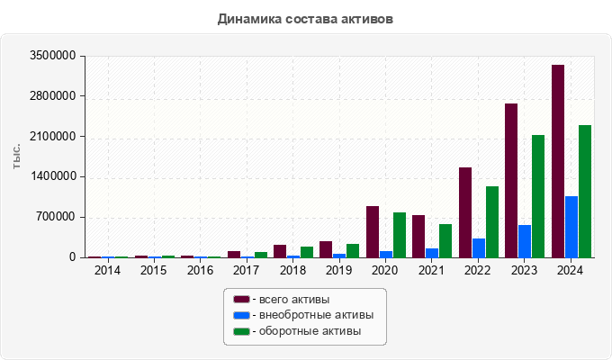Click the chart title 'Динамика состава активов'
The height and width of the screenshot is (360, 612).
point(305,18)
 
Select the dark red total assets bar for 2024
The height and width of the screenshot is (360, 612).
point(558,162)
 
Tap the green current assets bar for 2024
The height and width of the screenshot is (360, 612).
point(585,192)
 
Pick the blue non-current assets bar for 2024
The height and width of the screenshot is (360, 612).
point(571,227)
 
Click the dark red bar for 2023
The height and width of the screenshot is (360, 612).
point(511,181)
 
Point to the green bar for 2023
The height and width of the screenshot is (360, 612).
point(538,196)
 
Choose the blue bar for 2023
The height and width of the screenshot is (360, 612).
point(525,241)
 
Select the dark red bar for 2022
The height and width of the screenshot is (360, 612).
point(465,212)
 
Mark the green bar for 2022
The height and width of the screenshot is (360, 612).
point(492,222)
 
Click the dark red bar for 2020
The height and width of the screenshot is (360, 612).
point(373,232)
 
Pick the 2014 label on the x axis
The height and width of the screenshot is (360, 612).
point(107,270)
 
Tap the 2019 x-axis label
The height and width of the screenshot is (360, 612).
point(338,270)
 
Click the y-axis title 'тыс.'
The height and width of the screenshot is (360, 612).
point(17,157)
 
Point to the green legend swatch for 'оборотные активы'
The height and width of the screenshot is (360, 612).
point(241,331)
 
